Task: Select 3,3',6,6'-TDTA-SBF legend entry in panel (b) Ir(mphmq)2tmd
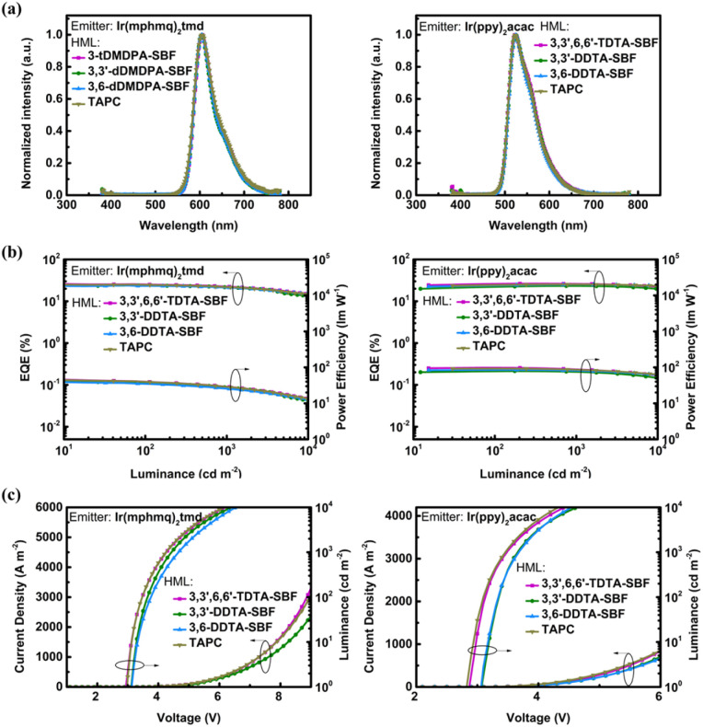(154, 300)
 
